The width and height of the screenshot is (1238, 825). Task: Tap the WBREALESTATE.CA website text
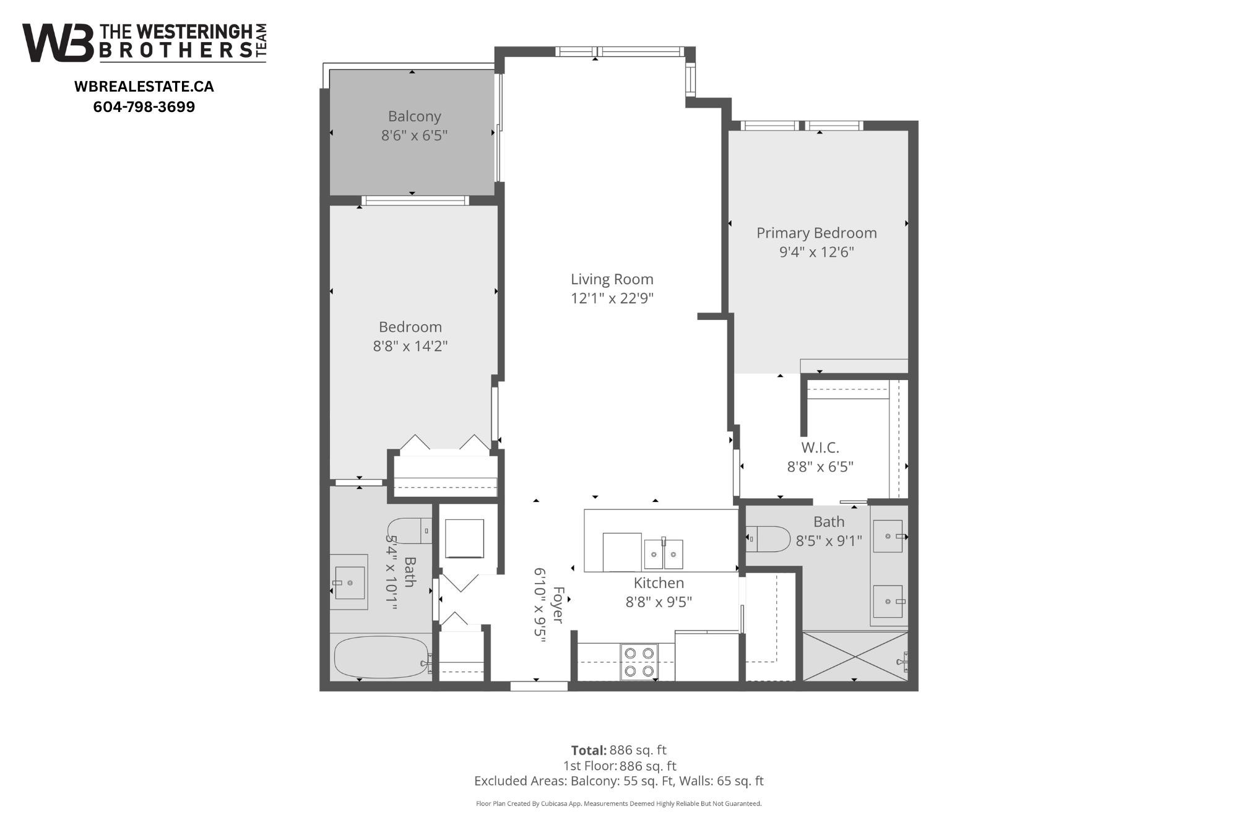(144, 87)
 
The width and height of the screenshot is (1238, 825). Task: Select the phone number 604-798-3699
(144, 107)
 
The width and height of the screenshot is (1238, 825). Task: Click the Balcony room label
(414, 116)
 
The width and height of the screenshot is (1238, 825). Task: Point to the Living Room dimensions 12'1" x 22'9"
(612, 298)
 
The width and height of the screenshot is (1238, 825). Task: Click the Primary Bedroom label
(816, 233)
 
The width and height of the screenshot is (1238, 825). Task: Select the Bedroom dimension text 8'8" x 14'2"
(410, 346)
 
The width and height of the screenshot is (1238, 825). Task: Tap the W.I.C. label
(820, 447)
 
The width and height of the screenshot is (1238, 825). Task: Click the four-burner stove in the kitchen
(639, 662)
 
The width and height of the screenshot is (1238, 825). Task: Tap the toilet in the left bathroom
(409, 530)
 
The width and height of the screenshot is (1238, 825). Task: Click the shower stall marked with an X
(854, 656)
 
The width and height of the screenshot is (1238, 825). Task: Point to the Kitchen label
(658, 583)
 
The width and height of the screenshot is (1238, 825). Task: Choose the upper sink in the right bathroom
(888, 536)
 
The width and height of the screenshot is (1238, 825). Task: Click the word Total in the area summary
(588, 750)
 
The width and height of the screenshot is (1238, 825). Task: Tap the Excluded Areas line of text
(618, 781)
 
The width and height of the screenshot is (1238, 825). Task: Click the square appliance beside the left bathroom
(464, 538)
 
